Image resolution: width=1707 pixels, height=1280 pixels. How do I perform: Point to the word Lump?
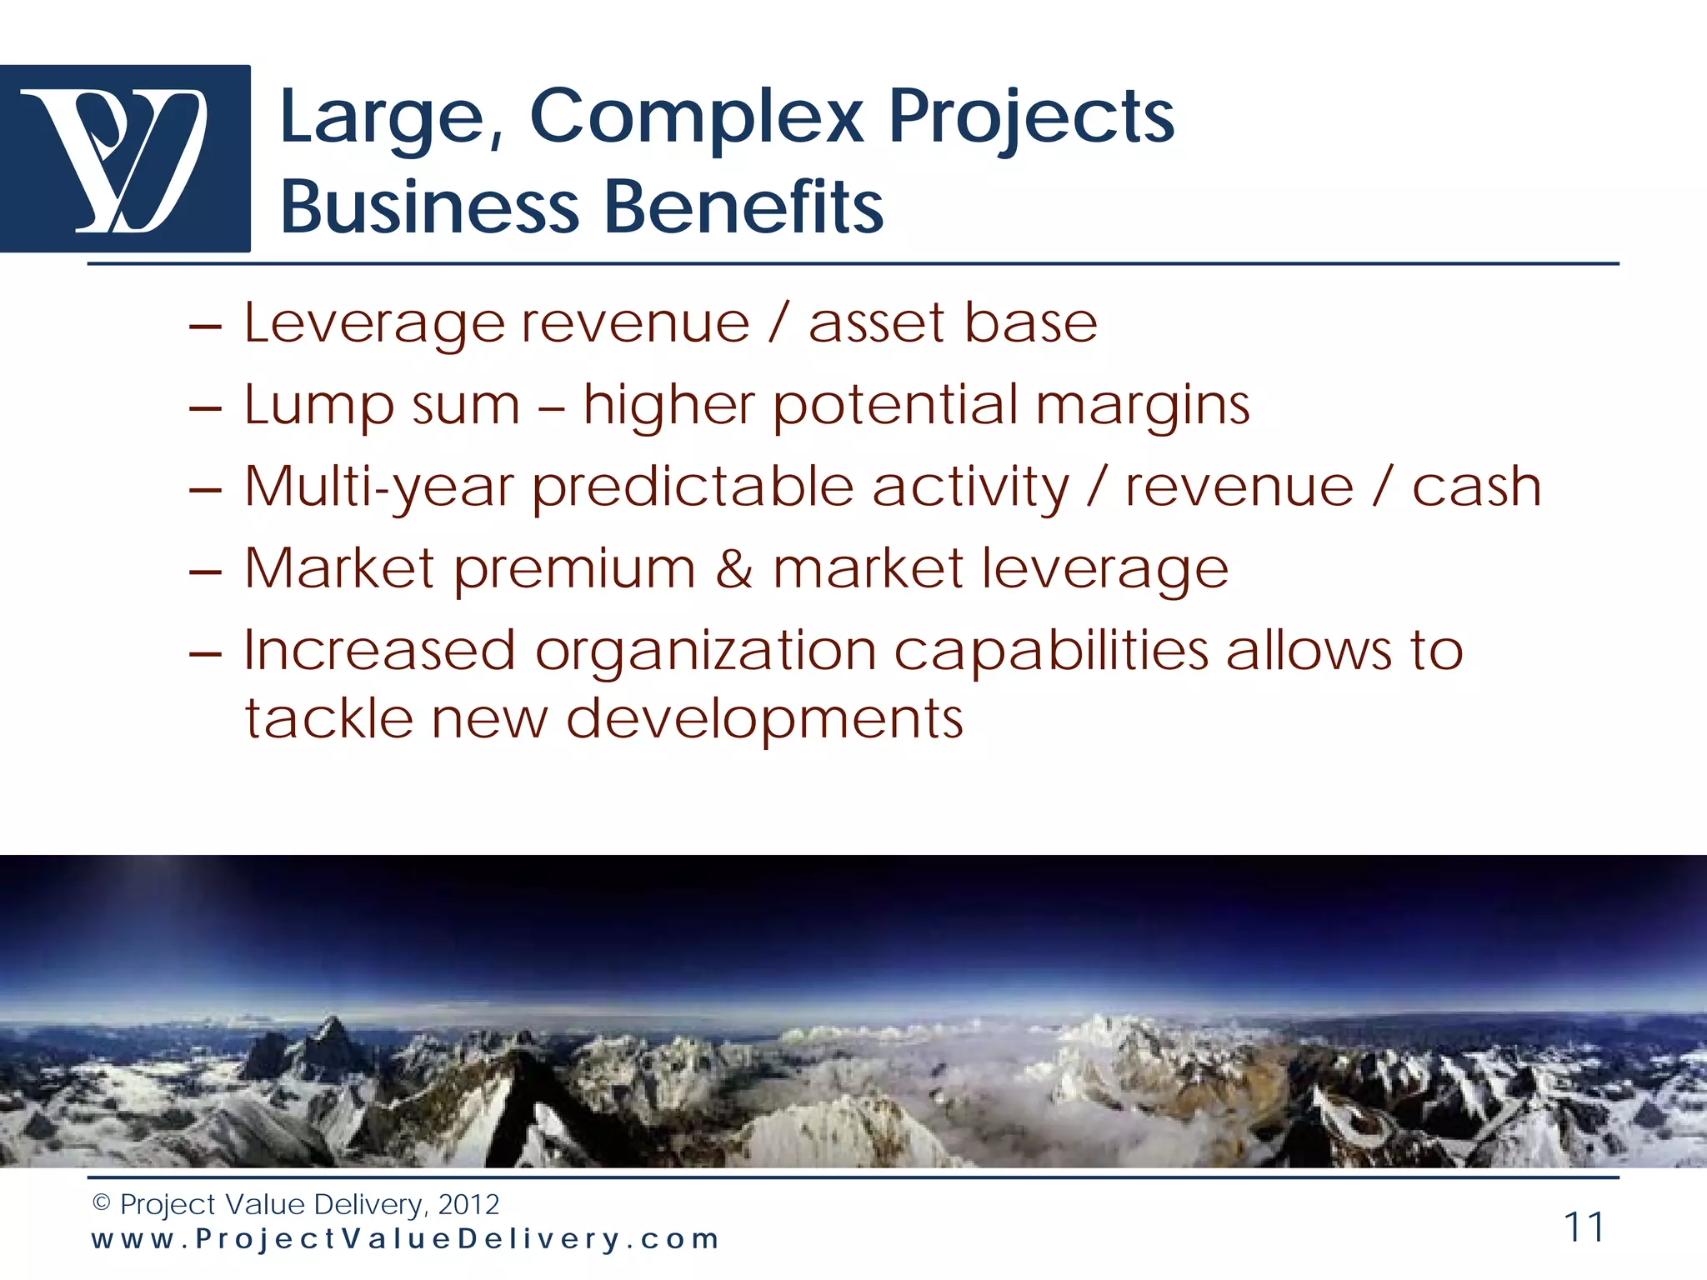318,406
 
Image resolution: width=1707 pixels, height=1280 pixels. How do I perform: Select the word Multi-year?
378,487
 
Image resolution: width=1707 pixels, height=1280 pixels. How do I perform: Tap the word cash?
1476,487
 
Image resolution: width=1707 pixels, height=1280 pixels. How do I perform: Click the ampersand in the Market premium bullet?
733,569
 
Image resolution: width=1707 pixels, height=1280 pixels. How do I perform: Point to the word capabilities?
1051,652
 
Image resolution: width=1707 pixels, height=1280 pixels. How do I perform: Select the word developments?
764,719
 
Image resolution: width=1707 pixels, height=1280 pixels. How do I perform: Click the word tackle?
328,718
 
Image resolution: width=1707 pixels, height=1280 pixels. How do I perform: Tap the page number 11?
1584,1227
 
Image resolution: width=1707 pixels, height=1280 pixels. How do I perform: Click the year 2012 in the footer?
468,1204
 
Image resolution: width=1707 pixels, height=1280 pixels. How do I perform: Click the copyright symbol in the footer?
102,1203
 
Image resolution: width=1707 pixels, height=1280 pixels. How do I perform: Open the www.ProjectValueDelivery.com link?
405,1239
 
